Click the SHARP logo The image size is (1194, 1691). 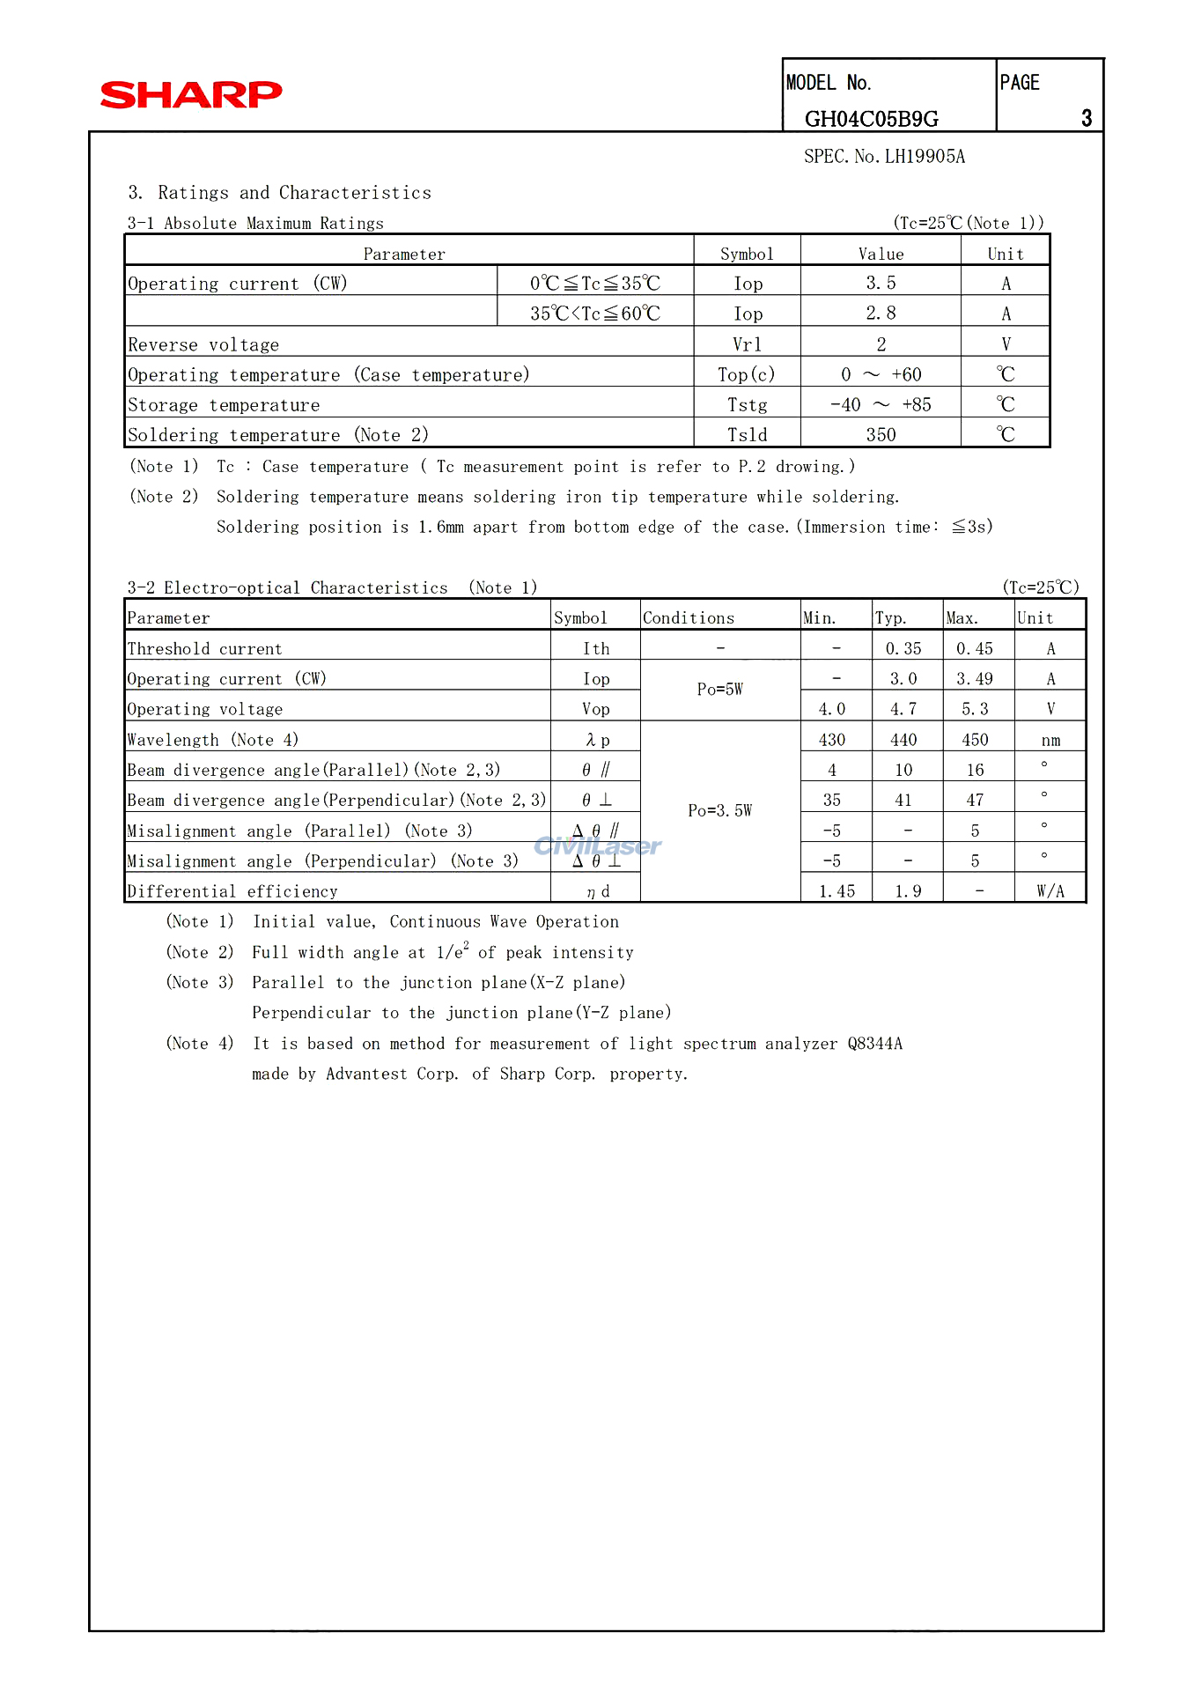(191, 94)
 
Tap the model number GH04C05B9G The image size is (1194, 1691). (871, 119)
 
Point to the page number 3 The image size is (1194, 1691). (1086, 119)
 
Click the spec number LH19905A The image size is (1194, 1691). (884, 157)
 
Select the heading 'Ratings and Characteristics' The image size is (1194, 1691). (294, 193)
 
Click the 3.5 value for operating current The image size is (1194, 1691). (881, 283)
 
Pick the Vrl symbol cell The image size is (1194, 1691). (747, 344)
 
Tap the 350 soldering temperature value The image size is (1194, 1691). (881, 435)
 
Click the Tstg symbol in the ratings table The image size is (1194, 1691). (747, 405)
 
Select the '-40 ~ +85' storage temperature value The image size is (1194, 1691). (881, 405)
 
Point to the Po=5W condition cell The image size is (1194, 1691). (719, 690)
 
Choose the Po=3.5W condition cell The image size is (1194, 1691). (719, 810)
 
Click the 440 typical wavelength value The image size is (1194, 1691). (903, 740)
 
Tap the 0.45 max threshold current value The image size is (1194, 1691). (975, 649)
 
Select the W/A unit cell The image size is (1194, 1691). (1050, 891)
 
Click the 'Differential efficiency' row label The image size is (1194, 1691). (232, 891)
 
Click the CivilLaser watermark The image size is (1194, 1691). (598, 846)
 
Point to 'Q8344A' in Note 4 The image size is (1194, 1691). (874, 1044)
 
